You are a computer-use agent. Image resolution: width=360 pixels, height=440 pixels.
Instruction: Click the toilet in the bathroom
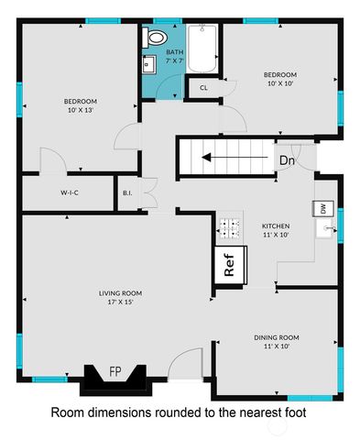tap(154, 38)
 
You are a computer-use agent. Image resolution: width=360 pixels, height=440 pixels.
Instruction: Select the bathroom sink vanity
tap(147, 64)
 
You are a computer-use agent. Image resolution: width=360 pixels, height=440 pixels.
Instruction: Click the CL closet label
tap(202, 88)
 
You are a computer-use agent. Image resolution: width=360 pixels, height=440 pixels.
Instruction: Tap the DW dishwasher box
tap(323, 209)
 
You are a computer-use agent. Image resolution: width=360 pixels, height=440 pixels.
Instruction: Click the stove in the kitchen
tap(229, 225)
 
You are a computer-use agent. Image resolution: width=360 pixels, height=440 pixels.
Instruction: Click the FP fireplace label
tap(115, 371)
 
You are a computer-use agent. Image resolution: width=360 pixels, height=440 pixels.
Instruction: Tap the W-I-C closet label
tap(71, 193)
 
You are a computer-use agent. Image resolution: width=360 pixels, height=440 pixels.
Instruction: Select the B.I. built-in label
tap(127, 193)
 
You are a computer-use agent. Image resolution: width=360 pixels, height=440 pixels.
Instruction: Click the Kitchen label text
tap(276, 225)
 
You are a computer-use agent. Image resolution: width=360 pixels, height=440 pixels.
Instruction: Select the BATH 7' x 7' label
tap(174, 57)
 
